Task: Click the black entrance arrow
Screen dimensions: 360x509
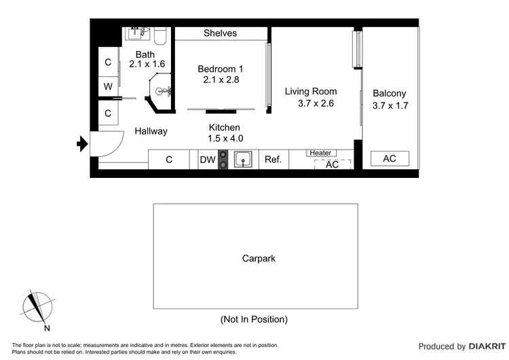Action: [82, 143]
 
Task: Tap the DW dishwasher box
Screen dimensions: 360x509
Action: [207, 160]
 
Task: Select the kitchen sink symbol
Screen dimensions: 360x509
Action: [244, 160]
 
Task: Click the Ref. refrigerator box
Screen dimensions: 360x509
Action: [273, 160]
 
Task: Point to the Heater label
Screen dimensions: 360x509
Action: [320, 154]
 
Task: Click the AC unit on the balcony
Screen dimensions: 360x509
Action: [390, 159]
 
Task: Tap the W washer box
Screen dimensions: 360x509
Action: [108, 86]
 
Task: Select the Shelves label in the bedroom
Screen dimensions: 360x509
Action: [221, 33]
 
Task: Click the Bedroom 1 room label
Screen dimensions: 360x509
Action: [221, 69]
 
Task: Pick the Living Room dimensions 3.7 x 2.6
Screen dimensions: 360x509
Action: [317, 104]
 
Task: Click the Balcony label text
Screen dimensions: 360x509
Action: [390, 94]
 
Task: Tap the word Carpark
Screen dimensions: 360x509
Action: [259, 259]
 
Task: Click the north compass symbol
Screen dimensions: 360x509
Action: [37, 308]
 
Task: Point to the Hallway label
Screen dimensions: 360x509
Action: [151, 131]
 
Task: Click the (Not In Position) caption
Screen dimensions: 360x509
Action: [254, 319]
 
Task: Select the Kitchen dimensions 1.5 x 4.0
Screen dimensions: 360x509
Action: [225, 139]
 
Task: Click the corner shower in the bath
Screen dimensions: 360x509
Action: [162, 93]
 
